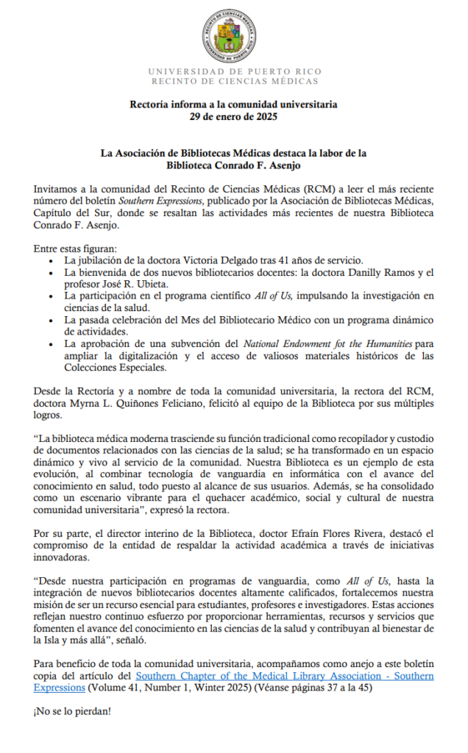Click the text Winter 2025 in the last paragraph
(x=244, y=687)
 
